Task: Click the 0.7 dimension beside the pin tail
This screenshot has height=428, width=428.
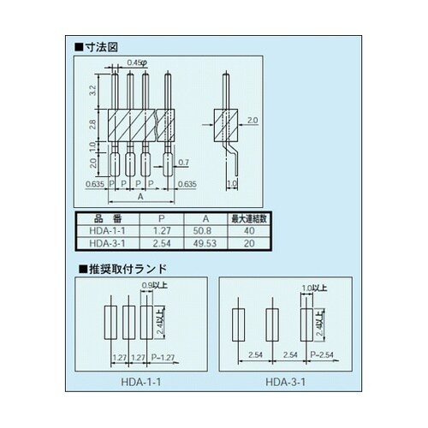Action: tap(182, 162)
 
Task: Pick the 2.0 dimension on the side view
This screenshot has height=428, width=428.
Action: tap(251, 120)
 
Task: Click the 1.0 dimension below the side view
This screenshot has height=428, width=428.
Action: tap(231, 182)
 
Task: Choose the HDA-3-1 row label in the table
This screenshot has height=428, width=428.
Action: tap(109, 243)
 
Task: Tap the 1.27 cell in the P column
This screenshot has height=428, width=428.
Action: tap(160, 231)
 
